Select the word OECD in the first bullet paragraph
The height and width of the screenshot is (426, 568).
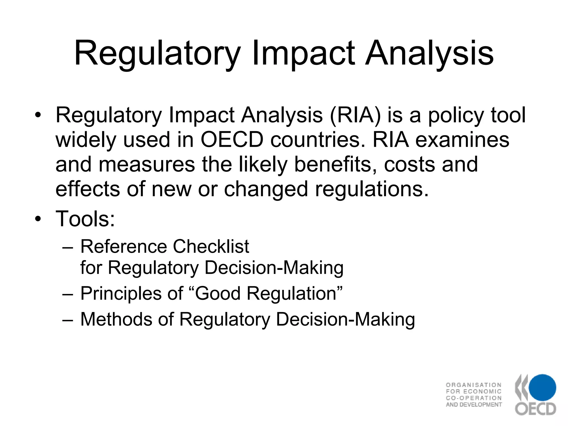pyautogui.click(x=232, y=140)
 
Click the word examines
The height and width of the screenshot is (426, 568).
pyautogui.click(x=462, y=140)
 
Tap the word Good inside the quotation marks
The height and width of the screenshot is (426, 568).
pyautogui.click(x=218, y=293)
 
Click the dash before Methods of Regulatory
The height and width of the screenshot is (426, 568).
pyautogui.click(x=68, y=319)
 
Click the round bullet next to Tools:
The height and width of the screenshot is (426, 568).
pyautogui.click(x=38, y=219)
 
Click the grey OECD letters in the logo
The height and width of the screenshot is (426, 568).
pyautogui.click(x=536, y=409)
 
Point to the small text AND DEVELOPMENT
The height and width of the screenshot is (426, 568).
pyautogui.click(x=474, y=405)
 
